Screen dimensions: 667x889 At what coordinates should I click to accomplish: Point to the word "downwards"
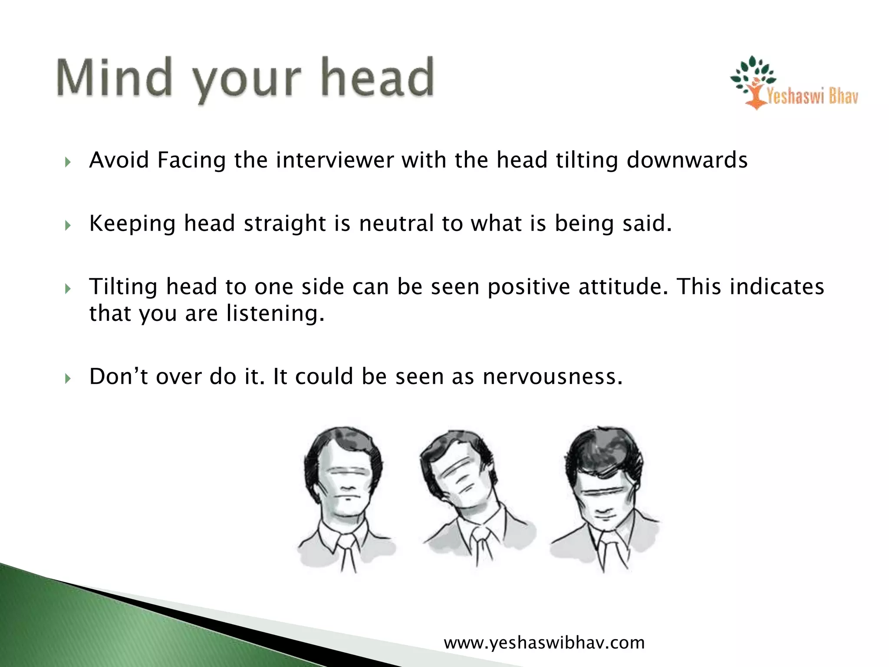click(687, 160)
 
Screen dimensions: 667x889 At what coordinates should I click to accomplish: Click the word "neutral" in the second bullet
click(396, 223)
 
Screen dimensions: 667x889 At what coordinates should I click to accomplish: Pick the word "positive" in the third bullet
click(528, 287)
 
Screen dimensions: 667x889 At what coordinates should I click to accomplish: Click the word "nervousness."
click(553, 376)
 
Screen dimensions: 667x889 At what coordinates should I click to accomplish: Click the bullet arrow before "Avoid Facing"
click(67, 162)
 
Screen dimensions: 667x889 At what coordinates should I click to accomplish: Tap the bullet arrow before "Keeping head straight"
click(67, 226)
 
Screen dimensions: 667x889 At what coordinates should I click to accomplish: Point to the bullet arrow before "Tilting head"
click(67, 289)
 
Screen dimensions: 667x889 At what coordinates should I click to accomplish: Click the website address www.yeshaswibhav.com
click(544, 642)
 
